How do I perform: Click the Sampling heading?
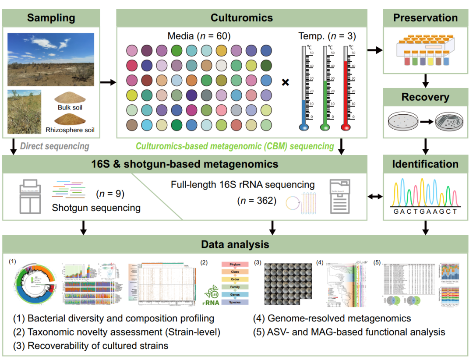coord(51,18)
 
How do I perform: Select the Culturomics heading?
coord(241,18)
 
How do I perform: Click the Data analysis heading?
coord(235,244)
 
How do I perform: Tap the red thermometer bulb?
coord(346,127)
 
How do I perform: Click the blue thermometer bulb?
coord(304,127)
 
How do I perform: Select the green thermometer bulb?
coord(325,127)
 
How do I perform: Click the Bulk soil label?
coord(70,107)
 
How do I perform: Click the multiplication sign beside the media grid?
coord(285,82)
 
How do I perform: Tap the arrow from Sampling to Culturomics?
coord(108,82)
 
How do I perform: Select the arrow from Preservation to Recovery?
coord(425,81)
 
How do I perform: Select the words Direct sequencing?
coord(55,146)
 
